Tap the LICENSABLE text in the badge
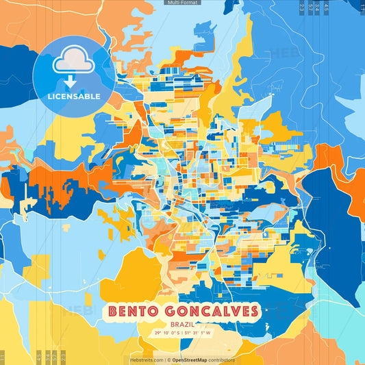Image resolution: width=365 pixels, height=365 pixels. point(73,97)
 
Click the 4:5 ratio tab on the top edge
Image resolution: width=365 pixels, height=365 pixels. point(327,7)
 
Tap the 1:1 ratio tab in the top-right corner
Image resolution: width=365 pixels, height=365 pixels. point(360,5)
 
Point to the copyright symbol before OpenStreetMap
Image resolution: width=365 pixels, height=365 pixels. point(168,360)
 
